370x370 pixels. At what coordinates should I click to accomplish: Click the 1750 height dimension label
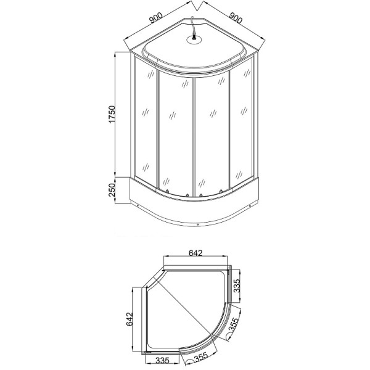(x=112, y=115)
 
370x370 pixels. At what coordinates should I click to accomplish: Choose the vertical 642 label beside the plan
(x=129, y=318)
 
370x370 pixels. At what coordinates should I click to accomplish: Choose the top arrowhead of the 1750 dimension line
(x=117, y=55)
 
